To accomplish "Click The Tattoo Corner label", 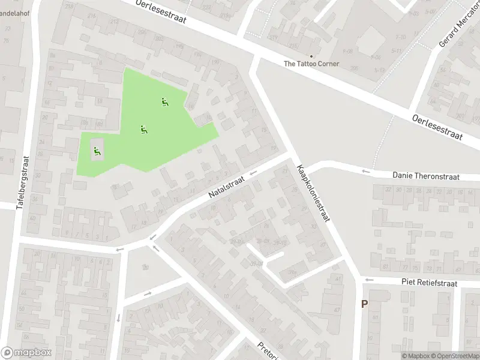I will [x=311, y=64].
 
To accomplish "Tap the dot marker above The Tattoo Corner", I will [x=311, y=56].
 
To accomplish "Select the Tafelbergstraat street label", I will [x=25, y=182].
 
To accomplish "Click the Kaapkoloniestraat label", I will [x=313, y=193].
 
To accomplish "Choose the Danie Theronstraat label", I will [x=425, y=176].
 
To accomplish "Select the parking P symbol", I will [x=364, y=304].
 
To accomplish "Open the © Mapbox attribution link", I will [x=415, y=356].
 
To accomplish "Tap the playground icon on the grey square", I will [x=96, y=151].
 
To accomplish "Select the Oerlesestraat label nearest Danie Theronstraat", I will [x=437, y=127].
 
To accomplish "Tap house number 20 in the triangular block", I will [x=146, y=266].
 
